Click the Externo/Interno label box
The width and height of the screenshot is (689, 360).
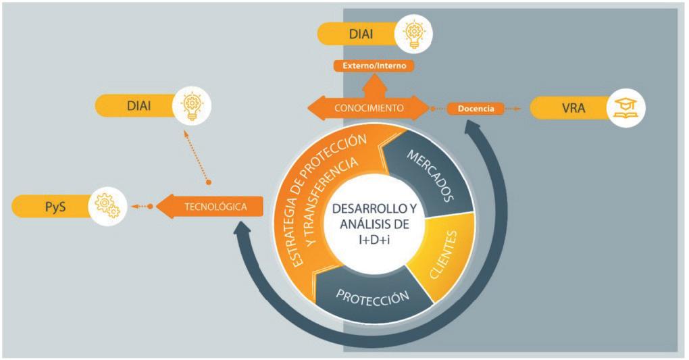[x=373, y=66]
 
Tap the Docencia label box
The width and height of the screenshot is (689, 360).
[x=476, y=108]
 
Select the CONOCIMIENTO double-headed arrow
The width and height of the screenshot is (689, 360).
[x=368, y=107]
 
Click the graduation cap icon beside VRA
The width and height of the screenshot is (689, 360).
[x=624, y=108]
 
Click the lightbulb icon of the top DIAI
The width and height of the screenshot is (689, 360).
[x=413, y=34]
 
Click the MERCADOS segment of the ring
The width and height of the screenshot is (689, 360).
[x=425, y=172]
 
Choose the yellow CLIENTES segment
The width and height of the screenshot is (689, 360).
[x=440, y=257]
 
